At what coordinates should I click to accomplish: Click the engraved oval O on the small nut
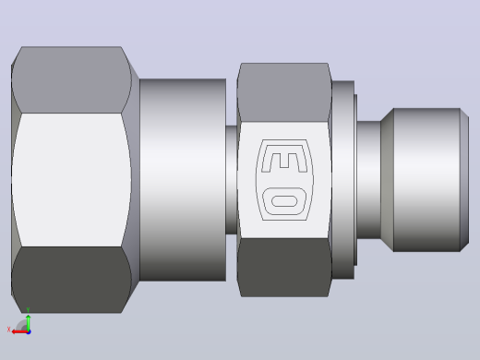284,201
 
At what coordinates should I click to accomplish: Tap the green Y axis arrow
29,322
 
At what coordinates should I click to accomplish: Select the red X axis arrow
19,332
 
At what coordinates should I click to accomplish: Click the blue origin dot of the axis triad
29,332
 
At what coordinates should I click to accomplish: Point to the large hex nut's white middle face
71,180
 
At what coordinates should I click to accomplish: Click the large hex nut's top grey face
71,79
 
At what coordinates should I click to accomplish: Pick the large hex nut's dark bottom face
71,280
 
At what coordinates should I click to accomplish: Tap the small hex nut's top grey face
284,92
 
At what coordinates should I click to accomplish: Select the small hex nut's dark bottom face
284,268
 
